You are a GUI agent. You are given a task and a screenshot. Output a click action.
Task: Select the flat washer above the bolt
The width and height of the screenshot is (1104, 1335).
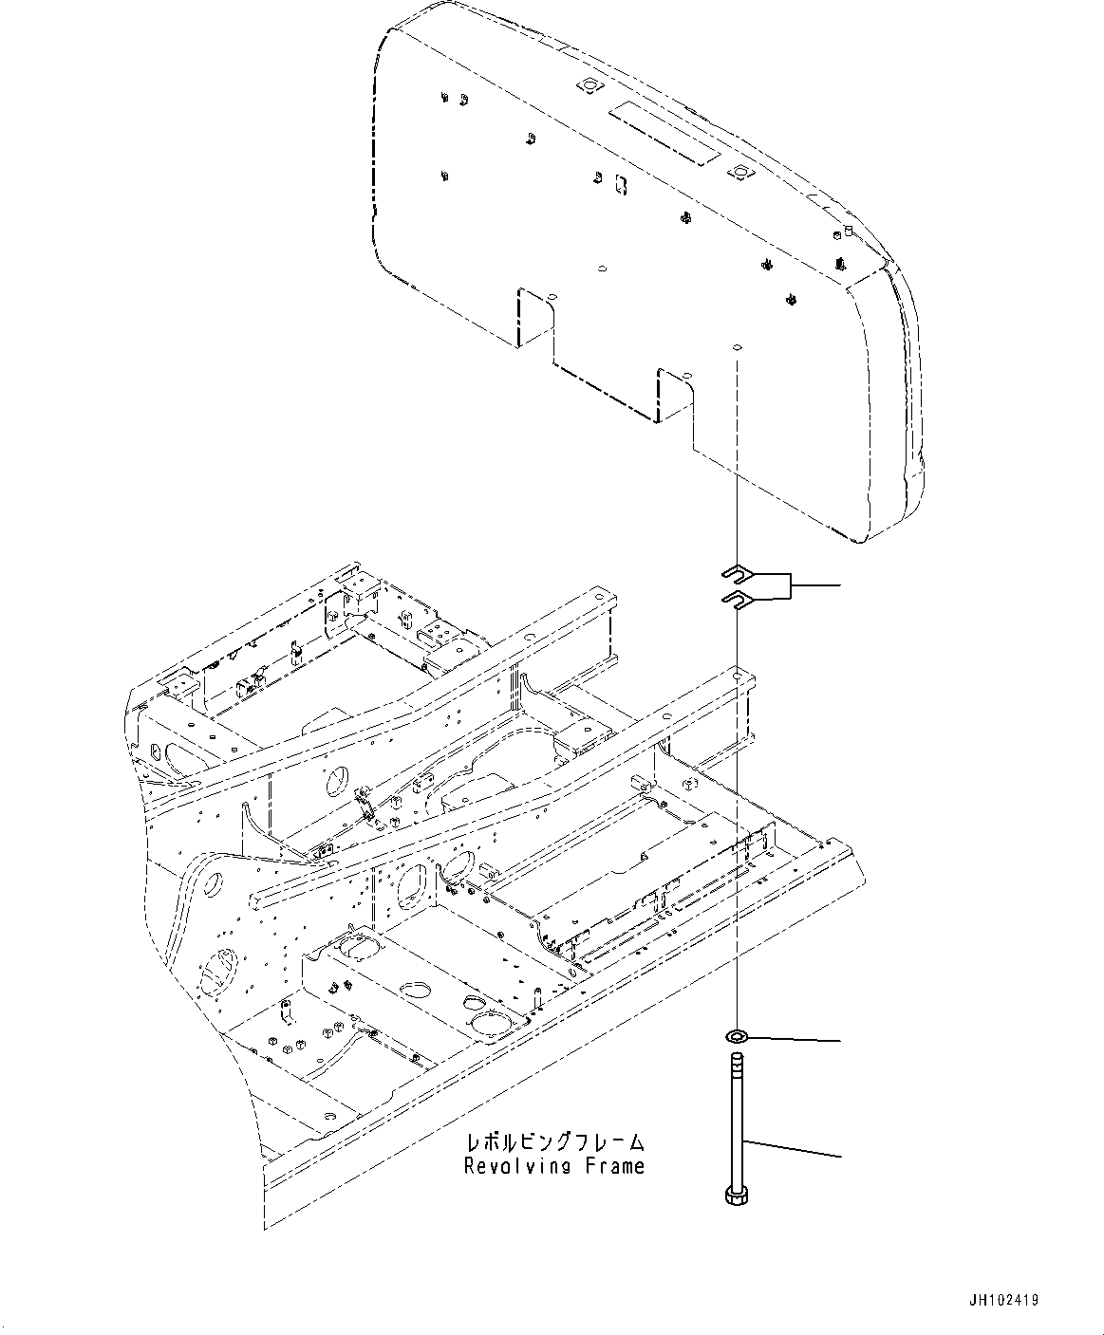point(738,1032)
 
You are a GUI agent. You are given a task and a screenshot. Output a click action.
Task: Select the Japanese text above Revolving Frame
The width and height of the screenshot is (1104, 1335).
point(555,1140)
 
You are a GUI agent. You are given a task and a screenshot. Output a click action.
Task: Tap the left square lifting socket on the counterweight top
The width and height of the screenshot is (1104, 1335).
point(589,86)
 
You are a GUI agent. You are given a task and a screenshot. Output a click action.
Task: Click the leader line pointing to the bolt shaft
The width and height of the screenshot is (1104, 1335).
point(793,1147)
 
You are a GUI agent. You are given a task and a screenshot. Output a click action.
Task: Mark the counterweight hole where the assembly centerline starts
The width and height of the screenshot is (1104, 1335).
point(736,347)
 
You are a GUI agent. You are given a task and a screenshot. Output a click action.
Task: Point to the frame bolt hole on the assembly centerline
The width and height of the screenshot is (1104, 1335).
point(736,676)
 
